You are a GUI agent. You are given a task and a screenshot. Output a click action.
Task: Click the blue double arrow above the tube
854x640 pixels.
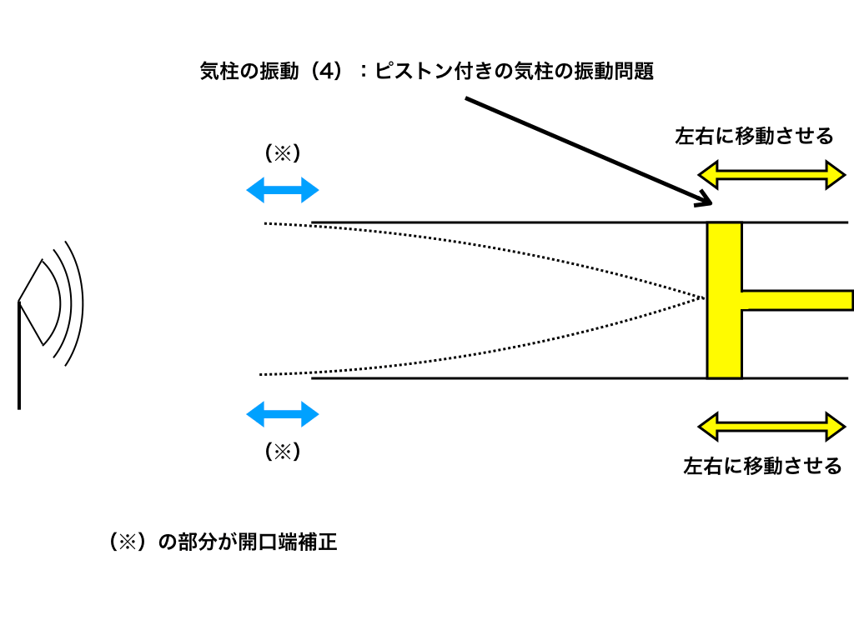283,191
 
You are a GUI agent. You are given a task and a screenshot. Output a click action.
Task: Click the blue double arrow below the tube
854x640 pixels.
283,414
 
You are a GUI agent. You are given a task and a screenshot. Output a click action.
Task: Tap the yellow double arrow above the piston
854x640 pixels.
772,175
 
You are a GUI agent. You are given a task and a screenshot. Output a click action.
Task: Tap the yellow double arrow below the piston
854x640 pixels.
772,427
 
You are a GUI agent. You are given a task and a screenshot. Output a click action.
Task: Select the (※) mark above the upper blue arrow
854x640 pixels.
282,154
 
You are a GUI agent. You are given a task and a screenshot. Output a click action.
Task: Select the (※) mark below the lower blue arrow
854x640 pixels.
282,452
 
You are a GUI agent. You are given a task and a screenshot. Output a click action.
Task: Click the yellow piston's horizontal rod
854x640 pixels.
796,300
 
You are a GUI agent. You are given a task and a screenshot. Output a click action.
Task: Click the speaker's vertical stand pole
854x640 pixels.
18,358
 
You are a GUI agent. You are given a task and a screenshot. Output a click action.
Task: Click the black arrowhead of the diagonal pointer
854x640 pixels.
705,199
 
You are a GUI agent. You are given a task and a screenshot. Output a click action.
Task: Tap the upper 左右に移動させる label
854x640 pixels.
754,136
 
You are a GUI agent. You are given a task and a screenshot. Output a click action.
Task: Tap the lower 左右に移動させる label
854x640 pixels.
762,466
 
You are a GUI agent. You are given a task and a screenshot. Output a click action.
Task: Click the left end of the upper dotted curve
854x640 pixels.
266,223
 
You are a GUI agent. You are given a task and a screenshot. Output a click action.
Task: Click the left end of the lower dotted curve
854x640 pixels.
262,374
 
